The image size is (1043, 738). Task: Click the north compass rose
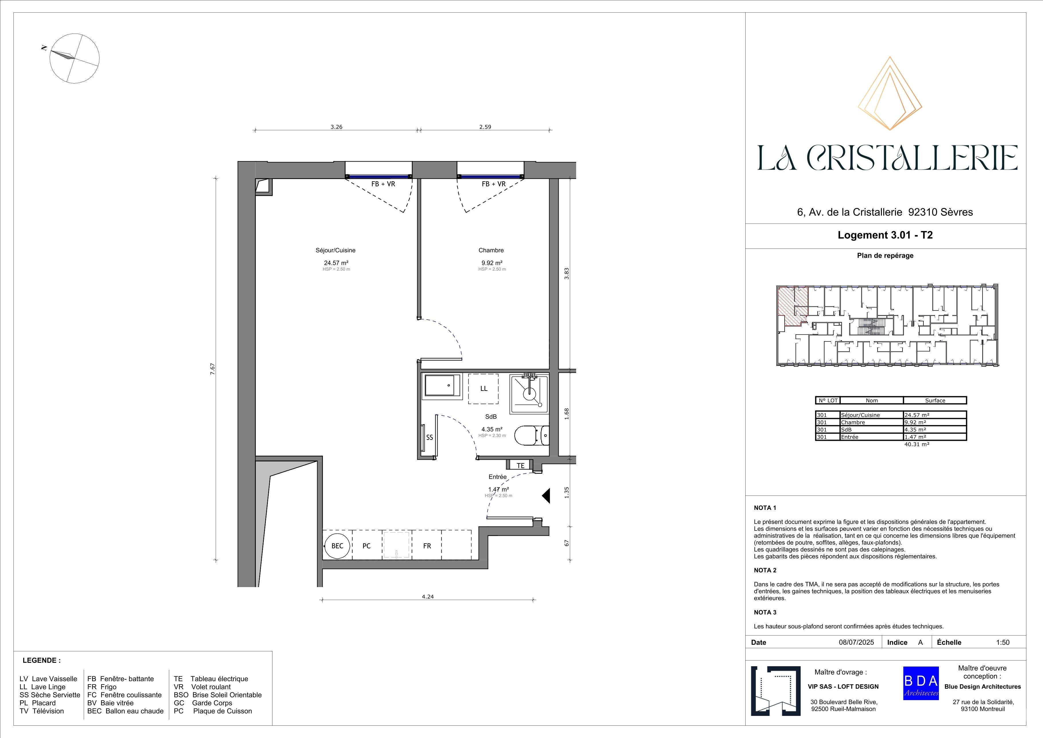[74, 58]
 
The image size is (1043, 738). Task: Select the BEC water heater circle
[337, 546]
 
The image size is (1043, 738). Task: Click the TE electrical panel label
[520, 465]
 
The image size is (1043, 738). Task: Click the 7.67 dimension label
[212, 368]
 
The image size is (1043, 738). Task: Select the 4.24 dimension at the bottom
[428, 597]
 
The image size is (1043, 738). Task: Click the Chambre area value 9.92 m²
[492, 263]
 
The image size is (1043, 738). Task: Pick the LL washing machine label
[484, 389]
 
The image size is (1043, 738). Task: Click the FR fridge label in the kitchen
[427, 546]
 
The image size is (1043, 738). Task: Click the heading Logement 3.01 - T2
[885, 235]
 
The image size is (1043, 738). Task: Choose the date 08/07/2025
[856, 642]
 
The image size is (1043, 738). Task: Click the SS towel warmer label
[429, 438]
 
